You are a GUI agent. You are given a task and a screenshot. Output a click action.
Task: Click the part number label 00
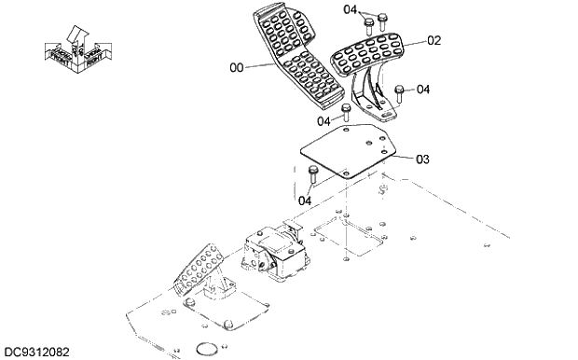click(x=236, y=66)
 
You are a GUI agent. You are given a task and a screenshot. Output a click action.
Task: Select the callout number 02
click(x=433, y=41)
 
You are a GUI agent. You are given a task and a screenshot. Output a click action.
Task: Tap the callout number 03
click(x=422, y=159)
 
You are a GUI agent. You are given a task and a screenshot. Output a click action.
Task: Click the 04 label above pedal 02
click(x=350, y=10)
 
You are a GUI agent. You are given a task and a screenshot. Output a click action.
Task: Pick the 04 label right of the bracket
click(x=422, y=90)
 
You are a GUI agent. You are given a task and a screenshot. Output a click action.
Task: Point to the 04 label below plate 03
click(x=305, y=200)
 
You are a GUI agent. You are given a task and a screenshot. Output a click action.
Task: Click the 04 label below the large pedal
click(x=323, y=120)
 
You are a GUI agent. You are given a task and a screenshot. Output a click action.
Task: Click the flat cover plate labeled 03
click(x=350, y=151)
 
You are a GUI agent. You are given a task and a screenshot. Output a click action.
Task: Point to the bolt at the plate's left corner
click(x=313, y=173)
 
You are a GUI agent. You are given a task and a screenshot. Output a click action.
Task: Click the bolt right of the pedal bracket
click(x=399, y=93)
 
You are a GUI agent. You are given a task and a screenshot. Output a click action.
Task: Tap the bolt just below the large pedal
click(x=346, y=112)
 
